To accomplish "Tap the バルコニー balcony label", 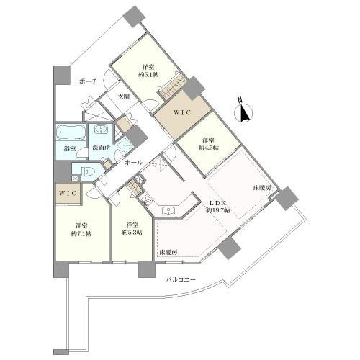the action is [181, 279].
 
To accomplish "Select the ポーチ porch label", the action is [88, 81].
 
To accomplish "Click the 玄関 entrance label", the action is [124, 97].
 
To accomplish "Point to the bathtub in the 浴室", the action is [71, 132].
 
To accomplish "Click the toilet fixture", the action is [87, 172].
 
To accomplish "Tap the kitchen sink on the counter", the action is [169, 210].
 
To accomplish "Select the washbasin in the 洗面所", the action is [101, 130].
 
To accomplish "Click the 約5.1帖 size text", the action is [148, 75].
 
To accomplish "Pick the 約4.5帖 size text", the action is [208, 148].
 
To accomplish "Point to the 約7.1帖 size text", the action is [81, 233].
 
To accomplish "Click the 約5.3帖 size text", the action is [132, 233].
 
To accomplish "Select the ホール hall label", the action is [133, 163].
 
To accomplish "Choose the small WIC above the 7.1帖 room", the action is [68, 194].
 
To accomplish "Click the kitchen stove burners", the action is [147, 199].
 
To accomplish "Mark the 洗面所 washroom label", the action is [102, 148].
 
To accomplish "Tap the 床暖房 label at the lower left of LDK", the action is [168, 252].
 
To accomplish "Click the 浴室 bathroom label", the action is [70, 148].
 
